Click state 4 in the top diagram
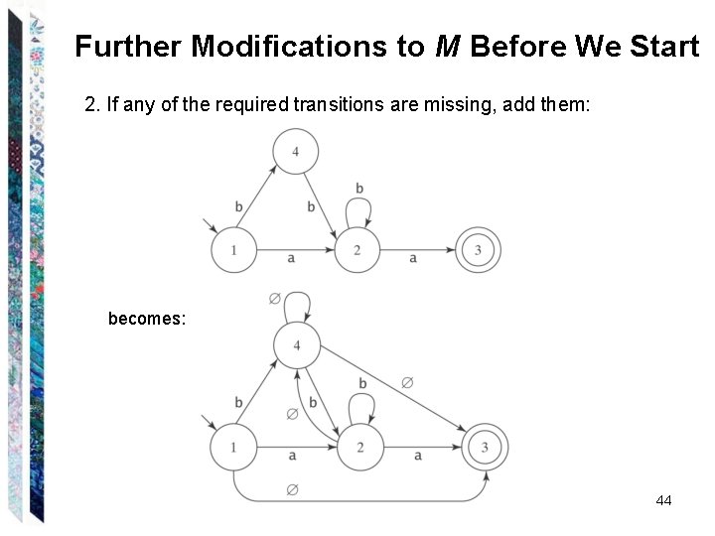(296, 152)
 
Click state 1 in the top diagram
(233, 250)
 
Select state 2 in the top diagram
(357, 250)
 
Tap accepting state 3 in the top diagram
(478, 250)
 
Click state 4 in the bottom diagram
(296, 344)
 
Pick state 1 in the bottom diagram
(233, 448)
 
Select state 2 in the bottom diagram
(360, 448)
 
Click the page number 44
(663, 501)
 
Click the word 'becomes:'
(147, 320)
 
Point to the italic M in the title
(446, 47)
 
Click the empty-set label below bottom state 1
(292, 489)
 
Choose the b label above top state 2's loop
(358, 189)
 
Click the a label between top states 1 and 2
(291, 258)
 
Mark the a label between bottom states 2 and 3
(417, 456)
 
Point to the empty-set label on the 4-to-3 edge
(406, 381)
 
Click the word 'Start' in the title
(664, 47)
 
